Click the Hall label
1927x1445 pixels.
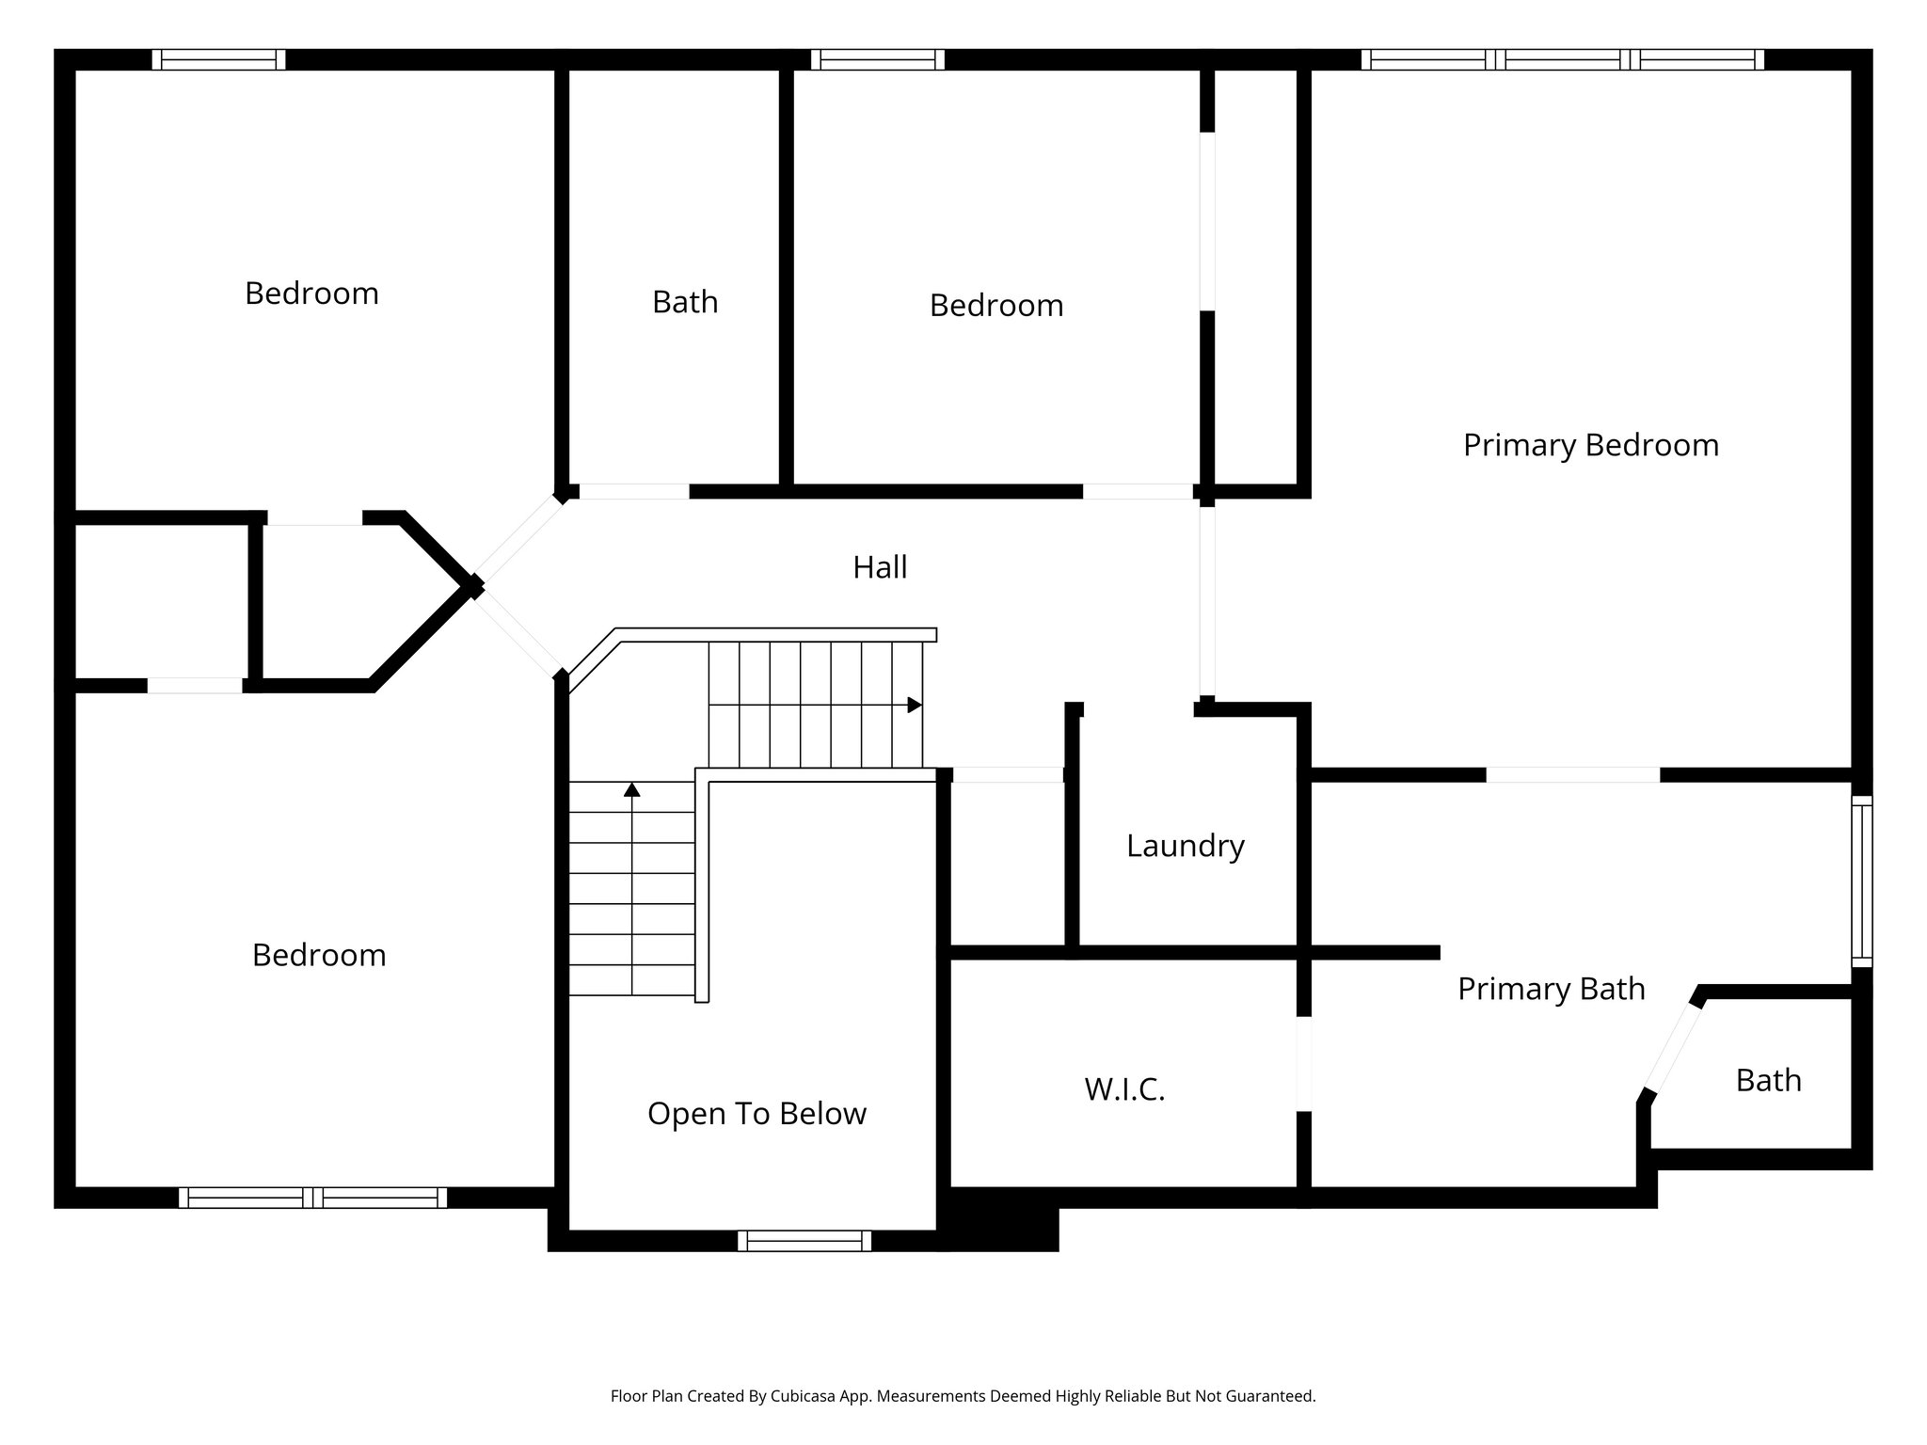pyautogui.click(x=880, y=567)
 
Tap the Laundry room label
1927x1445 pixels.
pyautogui.click(x=1185, y=846)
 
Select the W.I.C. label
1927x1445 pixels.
pyautogui.click(x=1124, y=1089)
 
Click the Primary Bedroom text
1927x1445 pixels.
pyautogui.click(x=1590, y=445)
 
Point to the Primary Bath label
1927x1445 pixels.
pyautogui.click(x=1551, y=989)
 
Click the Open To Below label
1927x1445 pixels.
pyautogui.click(x=756, y=1114)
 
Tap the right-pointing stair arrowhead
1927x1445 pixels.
pyautogui.click(x=914, y=705)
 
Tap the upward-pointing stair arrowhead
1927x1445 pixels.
pyautogui.click(x=632, y=790)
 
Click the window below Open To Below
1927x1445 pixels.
pyautogui.click(x=804, y=1241)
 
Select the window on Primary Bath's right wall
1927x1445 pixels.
pyautogui.click(x=1861, y=881)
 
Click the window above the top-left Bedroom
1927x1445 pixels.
pyautogui.click(x=218, y=59)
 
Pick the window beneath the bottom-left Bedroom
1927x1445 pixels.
pyautogui.click(x=312, y=1198)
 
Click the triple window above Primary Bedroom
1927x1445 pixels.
pyautogui.click(x=1562, y=59)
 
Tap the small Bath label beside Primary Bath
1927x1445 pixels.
pyautogui.click(x=1768, y=1081)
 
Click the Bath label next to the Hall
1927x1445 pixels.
pyautogui.click(x=685, y=302)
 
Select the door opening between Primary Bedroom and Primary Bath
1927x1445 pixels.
pyautogui.click(x=1572, y=775)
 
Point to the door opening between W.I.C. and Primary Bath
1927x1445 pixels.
pyautogui.click(x=1303, y=1063)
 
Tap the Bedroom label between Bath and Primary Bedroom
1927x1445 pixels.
pyautogui.click(x=995, y=306)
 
